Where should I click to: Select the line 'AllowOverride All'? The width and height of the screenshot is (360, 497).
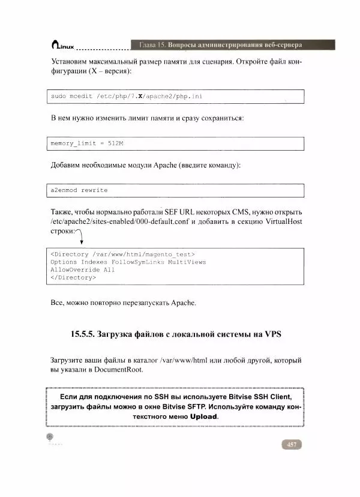(83, 270)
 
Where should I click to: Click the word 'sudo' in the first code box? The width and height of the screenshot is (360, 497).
(58, 96)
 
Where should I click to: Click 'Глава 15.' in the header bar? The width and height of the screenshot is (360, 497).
(152, 45)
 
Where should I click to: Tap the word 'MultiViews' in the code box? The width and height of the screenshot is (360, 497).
(187, 262)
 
